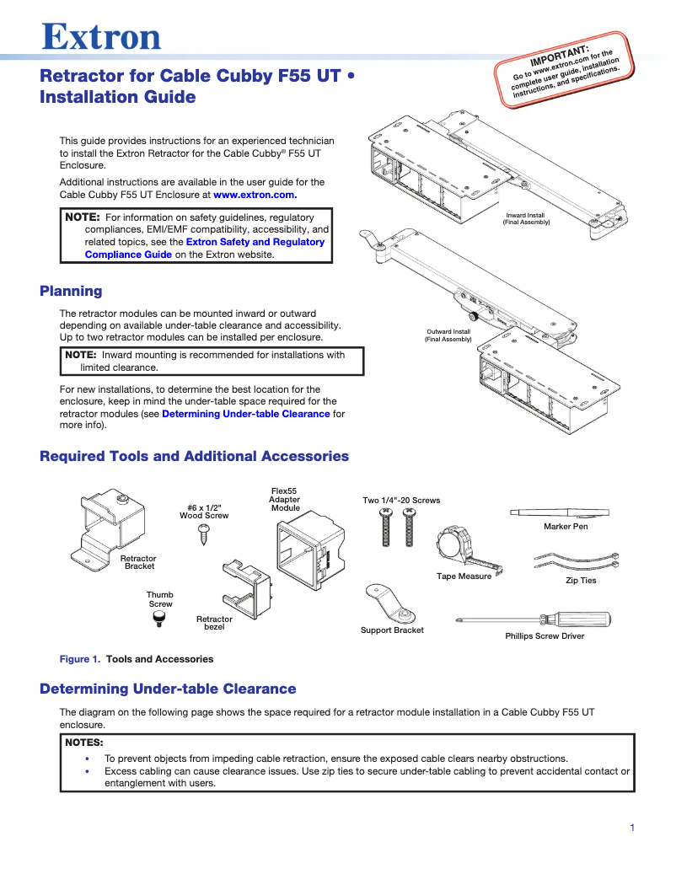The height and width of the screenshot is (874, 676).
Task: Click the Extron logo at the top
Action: (x=101, y=37)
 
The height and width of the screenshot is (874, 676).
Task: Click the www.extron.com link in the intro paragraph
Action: (x=255, y=195)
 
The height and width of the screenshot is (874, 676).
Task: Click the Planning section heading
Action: (x=71, y=292)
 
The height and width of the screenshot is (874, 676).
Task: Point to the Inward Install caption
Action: (x=526, y=219)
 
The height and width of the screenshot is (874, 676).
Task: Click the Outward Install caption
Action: (x=448, y=335)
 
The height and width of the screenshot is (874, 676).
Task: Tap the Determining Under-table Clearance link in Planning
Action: (x=245, y=414)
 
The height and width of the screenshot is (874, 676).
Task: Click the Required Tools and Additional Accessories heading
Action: (x=194, y=456)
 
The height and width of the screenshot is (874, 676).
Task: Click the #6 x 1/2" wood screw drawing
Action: (x=202, y=531)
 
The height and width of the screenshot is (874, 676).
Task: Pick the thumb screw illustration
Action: (x=158, y=619)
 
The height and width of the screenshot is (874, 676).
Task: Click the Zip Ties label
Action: (x=580, y=581)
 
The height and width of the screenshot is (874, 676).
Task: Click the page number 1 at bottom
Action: (x=631, y=828)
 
